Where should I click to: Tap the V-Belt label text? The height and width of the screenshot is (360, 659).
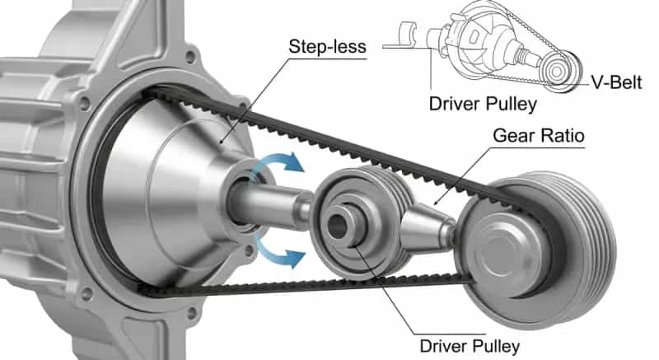pos(617,81)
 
